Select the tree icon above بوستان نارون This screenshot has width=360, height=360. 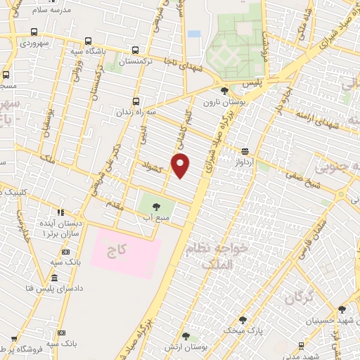coord(224,91)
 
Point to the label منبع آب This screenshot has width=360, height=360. coord(157,218)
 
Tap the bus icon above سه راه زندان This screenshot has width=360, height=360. coord(136,100)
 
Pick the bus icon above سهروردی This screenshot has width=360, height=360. coord(34,32)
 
